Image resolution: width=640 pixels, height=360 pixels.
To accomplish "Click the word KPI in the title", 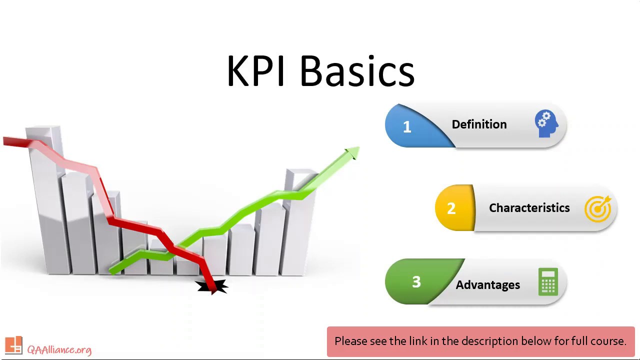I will tap(255, 71).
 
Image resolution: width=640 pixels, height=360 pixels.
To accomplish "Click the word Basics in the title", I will tap(357, 71).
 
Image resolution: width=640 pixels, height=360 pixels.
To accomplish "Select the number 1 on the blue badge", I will tap(407, 127).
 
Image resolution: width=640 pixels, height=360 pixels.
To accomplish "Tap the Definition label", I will tap(479, 124).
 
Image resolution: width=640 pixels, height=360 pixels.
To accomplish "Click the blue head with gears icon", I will tap(546, 124).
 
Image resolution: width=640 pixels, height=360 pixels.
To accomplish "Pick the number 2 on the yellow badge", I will tap(451, 208).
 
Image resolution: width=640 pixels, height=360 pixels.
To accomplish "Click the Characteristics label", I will tap(529, 208).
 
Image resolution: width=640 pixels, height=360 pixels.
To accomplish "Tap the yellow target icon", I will tap(598, 208).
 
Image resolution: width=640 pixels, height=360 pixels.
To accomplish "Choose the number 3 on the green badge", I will tap(416, 282).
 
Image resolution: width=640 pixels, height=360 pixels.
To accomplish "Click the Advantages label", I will tap(487, 285).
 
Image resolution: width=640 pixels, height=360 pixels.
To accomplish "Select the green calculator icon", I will tap(548, 282).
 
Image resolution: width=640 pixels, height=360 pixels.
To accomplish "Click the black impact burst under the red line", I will tap(212, 287).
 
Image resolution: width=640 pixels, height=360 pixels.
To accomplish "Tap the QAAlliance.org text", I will tap(59, 349).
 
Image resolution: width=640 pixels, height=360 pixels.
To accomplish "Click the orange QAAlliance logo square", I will tap(13, 345).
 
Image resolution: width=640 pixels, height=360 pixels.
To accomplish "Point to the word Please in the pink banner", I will tap(350, 341).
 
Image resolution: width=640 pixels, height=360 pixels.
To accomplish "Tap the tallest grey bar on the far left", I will tap(44, 200).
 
